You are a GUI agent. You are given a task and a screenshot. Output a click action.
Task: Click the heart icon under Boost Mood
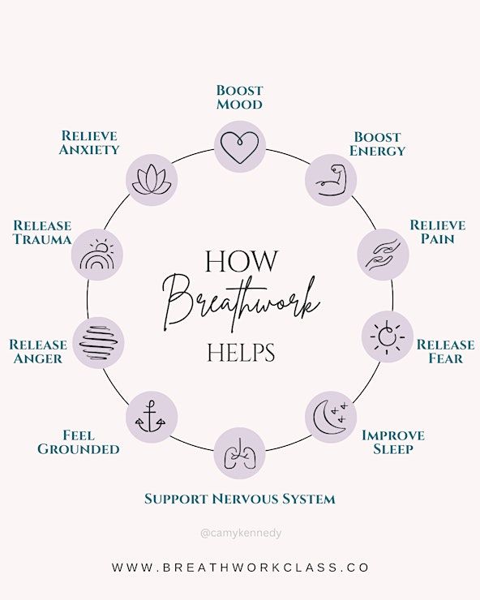tap(240, 148)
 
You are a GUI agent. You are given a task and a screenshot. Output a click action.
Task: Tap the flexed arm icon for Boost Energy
tap(331, 180)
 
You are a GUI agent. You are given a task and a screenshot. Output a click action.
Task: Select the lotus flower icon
tap(152, 179)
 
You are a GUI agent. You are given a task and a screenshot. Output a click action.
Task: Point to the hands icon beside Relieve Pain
tap(383, 255)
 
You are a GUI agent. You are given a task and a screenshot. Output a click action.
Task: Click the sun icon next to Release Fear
tap(388, 336)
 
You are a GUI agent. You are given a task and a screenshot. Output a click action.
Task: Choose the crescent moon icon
tap(330, 417)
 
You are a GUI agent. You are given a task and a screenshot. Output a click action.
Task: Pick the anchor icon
tap(151, 417)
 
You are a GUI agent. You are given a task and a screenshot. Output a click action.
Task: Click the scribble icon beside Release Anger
tap(98, 342)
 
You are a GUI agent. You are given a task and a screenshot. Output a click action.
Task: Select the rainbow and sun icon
tap(96, 255)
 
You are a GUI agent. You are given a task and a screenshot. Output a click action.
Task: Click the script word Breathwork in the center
tap(241, 302)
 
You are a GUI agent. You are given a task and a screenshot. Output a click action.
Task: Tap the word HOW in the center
tap(242, 261)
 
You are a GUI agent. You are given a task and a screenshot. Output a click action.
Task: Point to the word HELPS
tap(241, 353)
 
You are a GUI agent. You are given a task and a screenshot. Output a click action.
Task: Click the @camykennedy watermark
tap(241, 533)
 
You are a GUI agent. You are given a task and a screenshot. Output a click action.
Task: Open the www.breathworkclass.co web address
tap(240, 567)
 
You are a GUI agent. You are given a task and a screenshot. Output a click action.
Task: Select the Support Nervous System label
tap(240, 499)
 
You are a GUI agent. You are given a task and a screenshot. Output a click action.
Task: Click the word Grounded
tap(79, 449)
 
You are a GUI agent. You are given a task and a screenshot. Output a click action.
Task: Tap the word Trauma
tap(42, 239)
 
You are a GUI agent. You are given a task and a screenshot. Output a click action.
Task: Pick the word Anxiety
tap(89, 149)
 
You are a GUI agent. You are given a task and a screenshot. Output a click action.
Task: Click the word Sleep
tap(393, 449)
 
